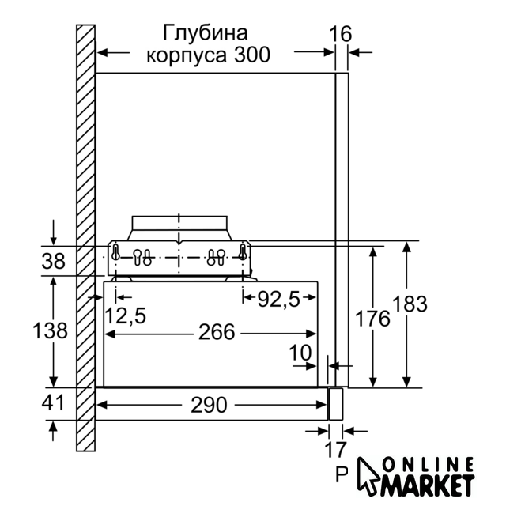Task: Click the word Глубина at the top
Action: (206, 33)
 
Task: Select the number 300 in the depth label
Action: (252, 55)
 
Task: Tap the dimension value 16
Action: (340, 34)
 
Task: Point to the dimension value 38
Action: (53, 261)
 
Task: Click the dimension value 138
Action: (50, 330)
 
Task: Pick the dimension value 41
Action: (53, 402)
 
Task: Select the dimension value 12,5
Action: (126, 315)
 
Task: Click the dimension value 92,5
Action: (279, 300)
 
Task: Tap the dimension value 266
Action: (216, 332)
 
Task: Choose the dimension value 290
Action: (209, 405)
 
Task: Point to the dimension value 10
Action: (300, 353)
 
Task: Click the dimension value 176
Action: (372, 319)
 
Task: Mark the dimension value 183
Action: (410, 304)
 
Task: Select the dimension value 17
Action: (335, 450)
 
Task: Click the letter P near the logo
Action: (342, 474)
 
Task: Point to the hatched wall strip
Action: (86, 238)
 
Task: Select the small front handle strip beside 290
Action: (335, 404)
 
